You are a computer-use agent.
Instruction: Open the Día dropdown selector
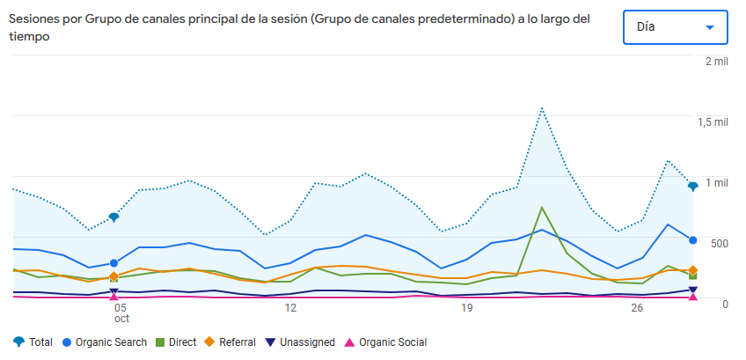coord(674,27)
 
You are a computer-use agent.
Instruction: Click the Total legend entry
coord(33,342)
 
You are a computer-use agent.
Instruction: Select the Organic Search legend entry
coord(104,342)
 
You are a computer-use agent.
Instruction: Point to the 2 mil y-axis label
coord(717,62)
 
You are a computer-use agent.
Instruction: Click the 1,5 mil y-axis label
coord(713,122)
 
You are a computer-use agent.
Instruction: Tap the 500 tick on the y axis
coord(719,243)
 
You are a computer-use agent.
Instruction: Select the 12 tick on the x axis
coord(290,308)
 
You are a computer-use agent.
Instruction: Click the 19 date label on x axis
coord(467,308)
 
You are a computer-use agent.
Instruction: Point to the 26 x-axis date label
coord(638,308)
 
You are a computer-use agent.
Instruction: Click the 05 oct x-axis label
coord(121,313)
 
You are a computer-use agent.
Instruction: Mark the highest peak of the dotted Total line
coord(542,108)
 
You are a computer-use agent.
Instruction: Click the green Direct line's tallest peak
coord(542,208)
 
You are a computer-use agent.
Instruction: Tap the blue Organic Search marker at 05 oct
coord(113,263)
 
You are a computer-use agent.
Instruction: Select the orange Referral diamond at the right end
coord(693,270)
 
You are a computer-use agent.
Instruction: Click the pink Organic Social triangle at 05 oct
coord(113,298)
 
